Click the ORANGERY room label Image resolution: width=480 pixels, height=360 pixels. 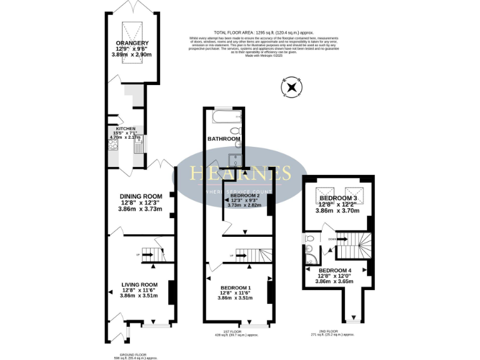pyautogui.click(x=132, y=43)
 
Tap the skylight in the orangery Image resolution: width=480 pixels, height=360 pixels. pyautogui.click(x=131, y=27)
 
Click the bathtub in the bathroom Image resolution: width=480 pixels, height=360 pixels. pyautogui.click(x=224, y=117)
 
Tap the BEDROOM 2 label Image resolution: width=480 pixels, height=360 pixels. pyautogui.click(x=245, y=196)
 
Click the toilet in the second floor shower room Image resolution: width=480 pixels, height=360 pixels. pyautogui.click(x=309, y=239)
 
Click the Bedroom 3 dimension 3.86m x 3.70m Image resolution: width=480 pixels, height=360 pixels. pyautogui.click(x=338, y=211)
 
